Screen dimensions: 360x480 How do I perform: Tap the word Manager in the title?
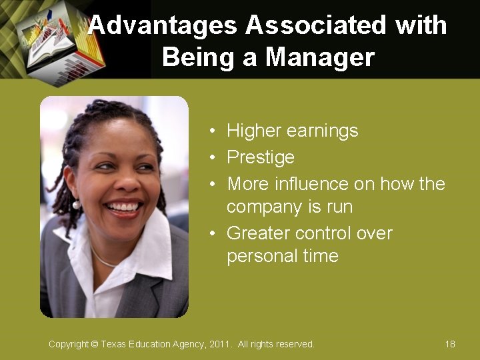(x=320, y=57)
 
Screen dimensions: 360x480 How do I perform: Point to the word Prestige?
(x=260, y=157)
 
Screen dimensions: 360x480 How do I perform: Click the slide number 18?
(x=450, y=344)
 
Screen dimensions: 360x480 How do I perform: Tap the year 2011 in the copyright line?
(x=219, y=344)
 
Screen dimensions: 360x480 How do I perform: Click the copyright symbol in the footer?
(x=94, y=344)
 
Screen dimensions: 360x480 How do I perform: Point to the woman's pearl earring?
(x=77, y=204)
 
